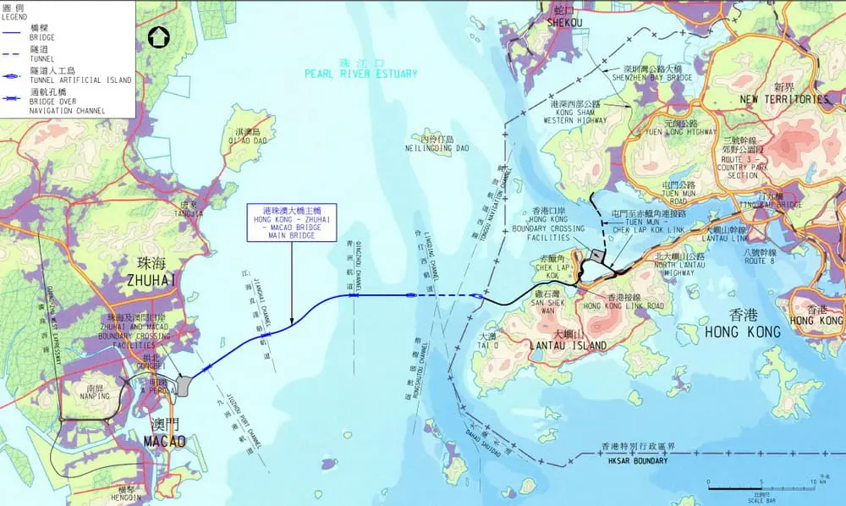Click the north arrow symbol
(158, 36)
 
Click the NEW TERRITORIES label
(785, 99)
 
